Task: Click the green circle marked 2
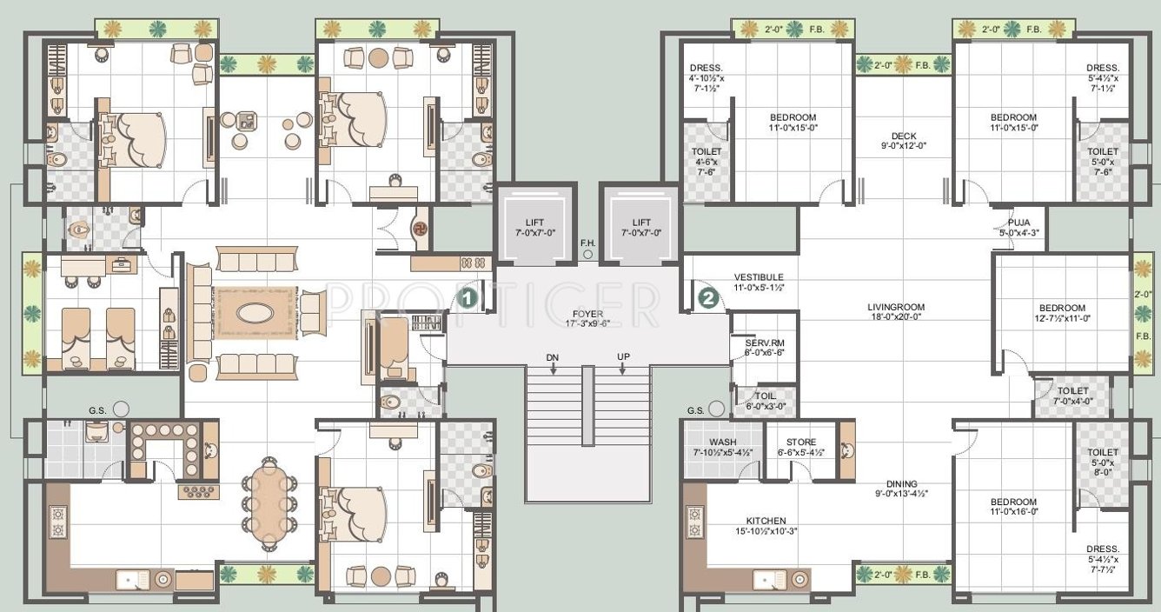pos(709,299)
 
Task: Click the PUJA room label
pos(1019,227)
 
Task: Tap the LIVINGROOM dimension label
pos(896,312)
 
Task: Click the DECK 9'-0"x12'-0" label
pos(903,142)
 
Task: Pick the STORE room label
pos(800,447)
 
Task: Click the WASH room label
pos(722,447)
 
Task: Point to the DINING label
pos(902,489)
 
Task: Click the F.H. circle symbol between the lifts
pos(587,256)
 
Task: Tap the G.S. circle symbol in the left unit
pos(120,409)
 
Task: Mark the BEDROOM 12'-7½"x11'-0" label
pos(1062,313)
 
